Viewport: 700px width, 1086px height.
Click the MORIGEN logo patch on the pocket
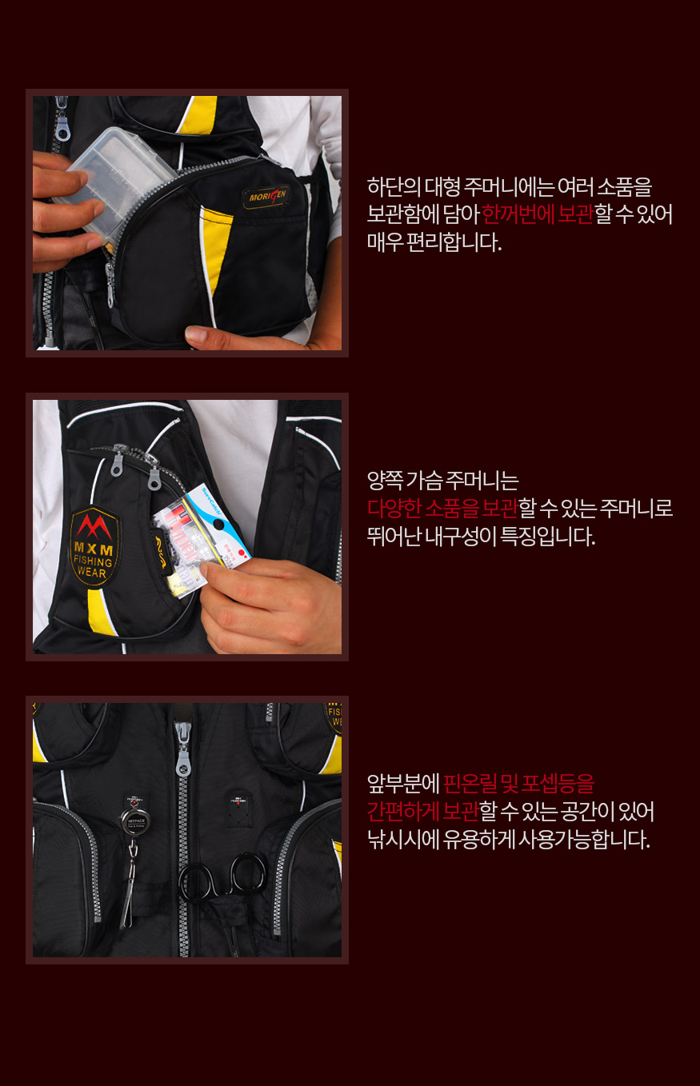[x=266, y=197]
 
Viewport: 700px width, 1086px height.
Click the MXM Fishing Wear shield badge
[x=94, y=547]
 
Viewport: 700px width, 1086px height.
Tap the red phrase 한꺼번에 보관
[x=538, y=214]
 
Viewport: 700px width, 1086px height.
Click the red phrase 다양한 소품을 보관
[x=443, y=509]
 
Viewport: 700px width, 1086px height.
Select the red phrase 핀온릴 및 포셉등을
[x=518, y=784]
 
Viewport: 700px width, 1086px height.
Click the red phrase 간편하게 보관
[x=423, y=812]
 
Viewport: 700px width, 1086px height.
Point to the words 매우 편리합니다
[x=434, y=242]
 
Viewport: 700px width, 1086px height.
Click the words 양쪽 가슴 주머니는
[x=443, y=481]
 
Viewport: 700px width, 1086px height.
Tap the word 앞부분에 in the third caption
[x=403, y=784]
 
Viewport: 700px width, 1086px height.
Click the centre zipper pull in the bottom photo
[x=183, y=748]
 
